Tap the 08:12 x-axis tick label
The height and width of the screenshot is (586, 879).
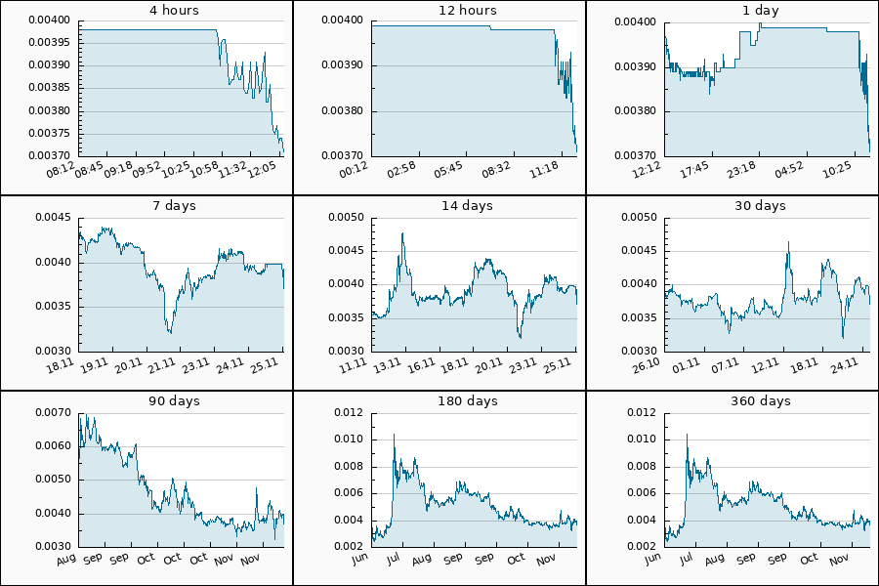pyautogui.click(x=62, y=169)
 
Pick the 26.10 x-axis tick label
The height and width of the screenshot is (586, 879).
pyautogui.click(x=649, y=364)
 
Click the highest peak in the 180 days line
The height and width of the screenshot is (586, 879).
pyautogui.click(x=394, y=435)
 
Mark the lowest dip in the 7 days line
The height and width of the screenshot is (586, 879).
pyautogui.click(x=170, y=333)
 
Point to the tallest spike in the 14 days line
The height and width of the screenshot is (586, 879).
pyautogui.click(x=401, y=234)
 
